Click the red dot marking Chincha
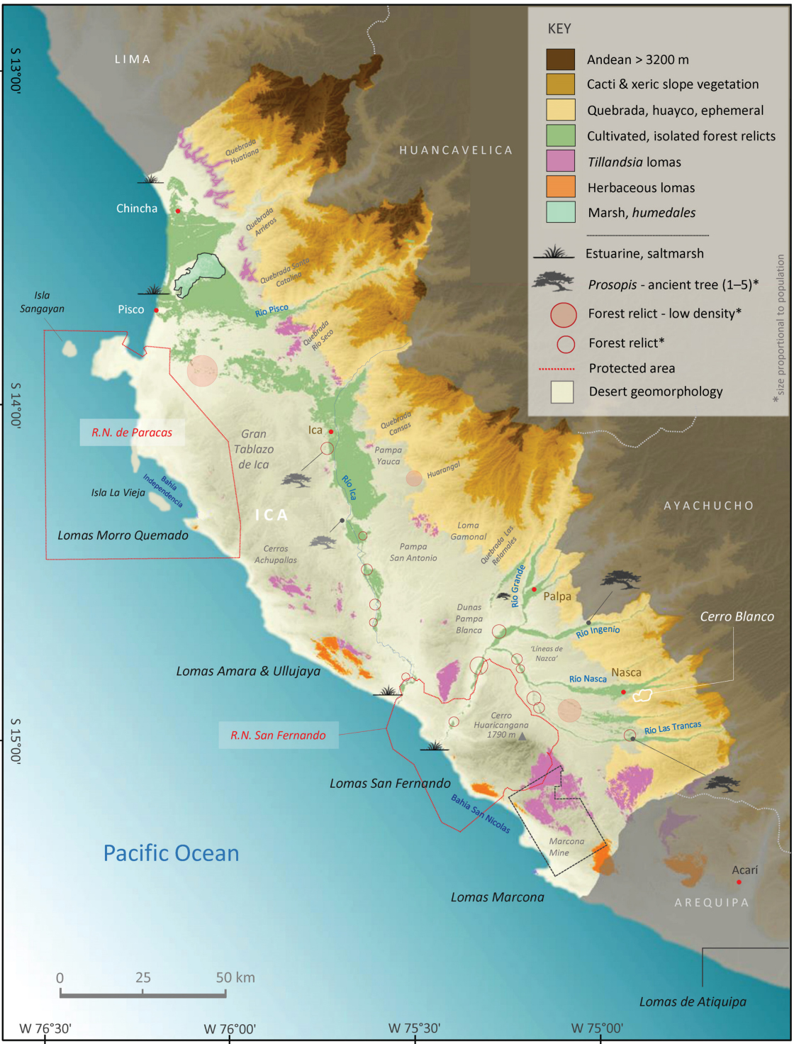[178, 211]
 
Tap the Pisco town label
[131, 309]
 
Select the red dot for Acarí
[739, 882]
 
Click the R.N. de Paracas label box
[132, 432]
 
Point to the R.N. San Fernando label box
[278, 735]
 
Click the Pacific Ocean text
[171, 853]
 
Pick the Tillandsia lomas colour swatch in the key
[560, 161]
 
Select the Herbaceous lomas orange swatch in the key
[560, 187]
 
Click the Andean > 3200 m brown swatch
[560, 60]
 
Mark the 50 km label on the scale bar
[235, 977]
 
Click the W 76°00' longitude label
[230, 1028]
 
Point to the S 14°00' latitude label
[16, 405]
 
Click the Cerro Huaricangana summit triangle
[522, 737]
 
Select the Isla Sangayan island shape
[69, 348]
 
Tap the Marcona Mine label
[566, 847]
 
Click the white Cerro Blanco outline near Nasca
[642, 696]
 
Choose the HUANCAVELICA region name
[456, 150]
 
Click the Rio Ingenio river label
[598, 631]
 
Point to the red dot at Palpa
[534, 589]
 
